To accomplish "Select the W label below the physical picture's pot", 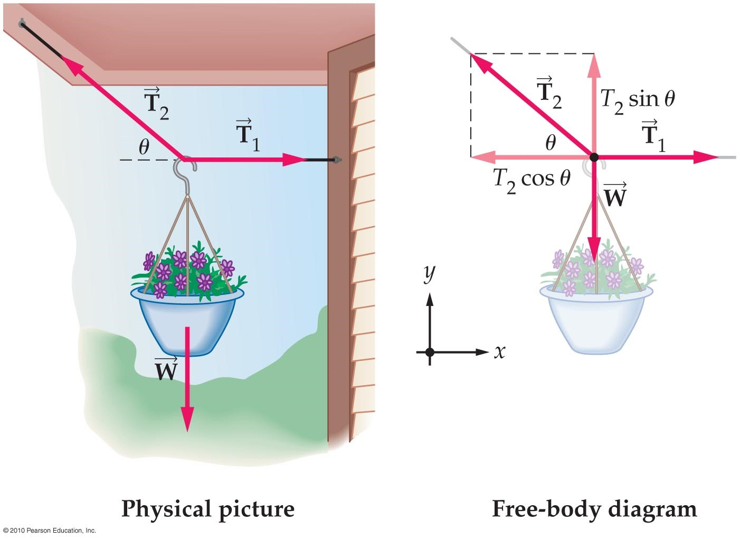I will coord(166,369).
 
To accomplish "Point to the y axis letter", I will coord(430,273).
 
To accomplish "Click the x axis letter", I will coord(499,351).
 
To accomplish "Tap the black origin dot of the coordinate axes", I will coord(430,352).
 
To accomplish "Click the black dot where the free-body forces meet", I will coord(594,157).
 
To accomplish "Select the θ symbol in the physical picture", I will coord(144,147).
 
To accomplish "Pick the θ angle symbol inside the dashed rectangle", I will coord(551,142).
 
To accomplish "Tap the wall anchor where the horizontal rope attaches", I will coord(335,159).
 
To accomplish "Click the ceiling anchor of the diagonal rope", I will coord(22,23).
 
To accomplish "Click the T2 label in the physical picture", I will coord(156,104).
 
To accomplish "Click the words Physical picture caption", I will coord(207,509).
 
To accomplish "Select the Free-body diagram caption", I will coord(594,509).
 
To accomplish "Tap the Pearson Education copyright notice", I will coord(49,530).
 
